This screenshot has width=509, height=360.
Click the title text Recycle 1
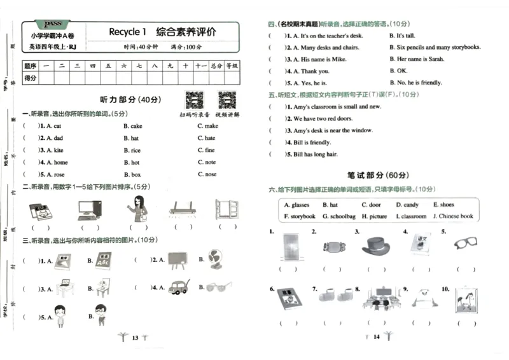(x=127, y=32)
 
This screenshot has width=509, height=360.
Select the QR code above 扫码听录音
(x=194, y=100)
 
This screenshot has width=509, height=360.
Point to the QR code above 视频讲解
(x=227, y=100)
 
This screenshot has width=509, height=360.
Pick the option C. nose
(x=207, y=174)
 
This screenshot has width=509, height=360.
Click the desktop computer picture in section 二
(x=89, y=209)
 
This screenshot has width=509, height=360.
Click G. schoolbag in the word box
(x=338, y=216)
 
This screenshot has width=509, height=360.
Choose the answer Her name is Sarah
(x=417, y=59)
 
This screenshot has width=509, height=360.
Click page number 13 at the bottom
(x=134, y=338)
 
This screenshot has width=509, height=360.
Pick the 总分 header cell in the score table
(x=217, y=65)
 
